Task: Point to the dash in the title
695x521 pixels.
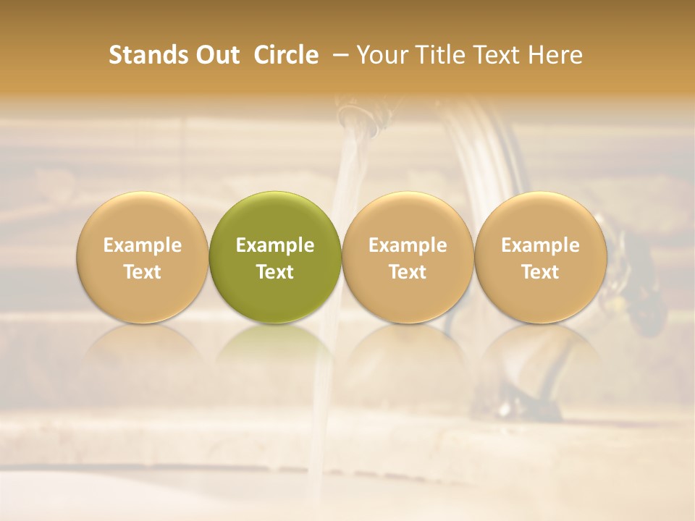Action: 337,55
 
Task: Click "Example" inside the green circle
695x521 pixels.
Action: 275,245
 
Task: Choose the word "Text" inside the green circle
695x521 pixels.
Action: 275,272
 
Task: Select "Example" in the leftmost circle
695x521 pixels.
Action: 143,245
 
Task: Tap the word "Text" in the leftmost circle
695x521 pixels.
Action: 143,272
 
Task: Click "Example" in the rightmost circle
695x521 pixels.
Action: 541,245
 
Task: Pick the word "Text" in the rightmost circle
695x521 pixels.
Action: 541,272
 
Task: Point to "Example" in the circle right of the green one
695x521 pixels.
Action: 408,245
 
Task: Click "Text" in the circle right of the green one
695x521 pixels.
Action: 408,272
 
